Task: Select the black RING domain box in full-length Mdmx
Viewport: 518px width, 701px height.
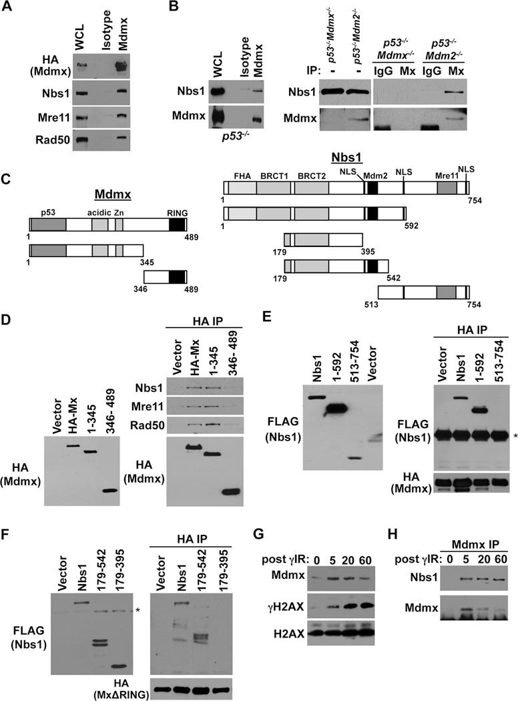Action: [x=178, y=224]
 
